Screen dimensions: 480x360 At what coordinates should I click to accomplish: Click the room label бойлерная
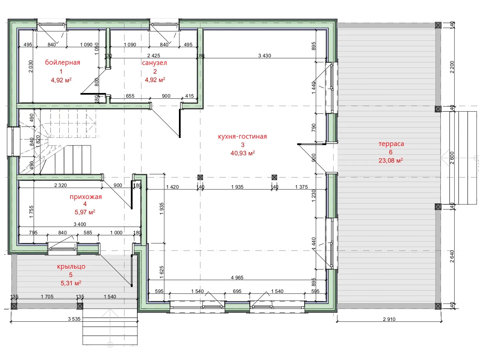(63, 63)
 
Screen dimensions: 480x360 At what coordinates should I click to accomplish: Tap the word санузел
(154, 63)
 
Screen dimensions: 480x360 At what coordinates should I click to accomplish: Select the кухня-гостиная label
(242, 136)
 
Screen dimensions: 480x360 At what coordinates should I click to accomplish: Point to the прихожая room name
(86, 197)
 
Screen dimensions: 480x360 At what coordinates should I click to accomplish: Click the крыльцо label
(71, 267)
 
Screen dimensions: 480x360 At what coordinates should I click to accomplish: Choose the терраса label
(391, 144)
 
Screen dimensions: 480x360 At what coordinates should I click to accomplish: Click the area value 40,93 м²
(243, 153)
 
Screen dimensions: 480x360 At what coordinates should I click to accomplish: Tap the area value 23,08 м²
(391, 160)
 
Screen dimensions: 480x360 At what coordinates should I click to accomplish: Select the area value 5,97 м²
(85, 212)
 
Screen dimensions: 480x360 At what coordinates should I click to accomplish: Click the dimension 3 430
(265, 56)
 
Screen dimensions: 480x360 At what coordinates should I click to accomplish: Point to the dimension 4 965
(237, 278)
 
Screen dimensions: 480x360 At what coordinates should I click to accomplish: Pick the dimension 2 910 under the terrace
(389, 319)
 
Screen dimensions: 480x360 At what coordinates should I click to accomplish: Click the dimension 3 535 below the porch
(74, 319)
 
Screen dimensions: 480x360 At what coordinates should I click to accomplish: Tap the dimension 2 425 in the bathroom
(154, 56)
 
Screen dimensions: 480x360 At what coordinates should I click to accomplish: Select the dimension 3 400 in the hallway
(80, 224)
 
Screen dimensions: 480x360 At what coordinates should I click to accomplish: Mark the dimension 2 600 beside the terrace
(452, 158)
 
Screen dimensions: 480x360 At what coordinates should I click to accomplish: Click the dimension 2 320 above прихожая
(61, 185)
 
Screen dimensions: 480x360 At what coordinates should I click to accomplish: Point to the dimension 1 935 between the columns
(237, 187)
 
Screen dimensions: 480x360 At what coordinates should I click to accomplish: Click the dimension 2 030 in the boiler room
(31, 66)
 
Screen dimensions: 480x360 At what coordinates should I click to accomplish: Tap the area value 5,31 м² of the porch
(71, 283)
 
